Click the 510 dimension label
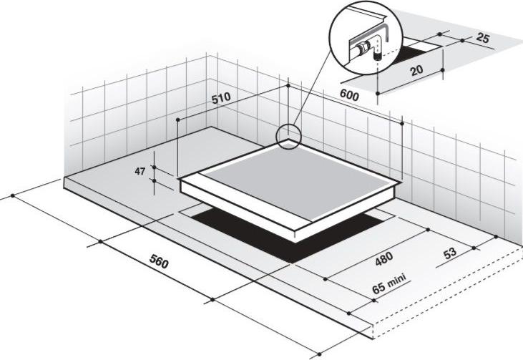(x=221, y=98)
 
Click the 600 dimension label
(x=349, y=94)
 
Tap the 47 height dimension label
(x=140, y=171)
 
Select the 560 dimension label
(x=159, y=261)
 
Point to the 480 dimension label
(x=384, y=258)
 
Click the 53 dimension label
(x=450, y=253)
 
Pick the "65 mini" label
(x=389, y=283)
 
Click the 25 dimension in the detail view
(x=483, y=38)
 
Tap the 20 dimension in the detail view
(x=416, y=70)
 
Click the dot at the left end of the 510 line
(x=177, y=120)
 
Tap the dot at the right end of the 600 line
(x=402, y=123)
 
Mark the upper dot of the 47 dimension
(x=154, y=167)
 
